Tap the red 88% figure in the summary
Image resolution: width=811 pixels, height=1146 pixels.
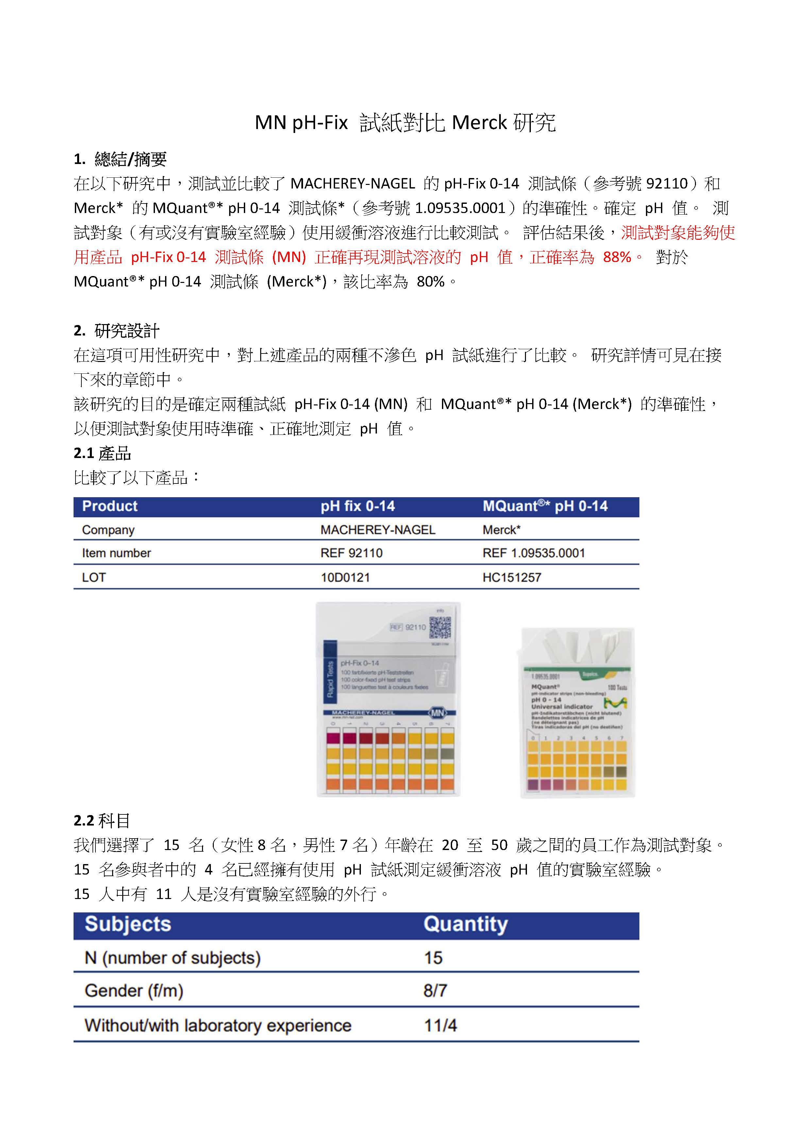pos(617,257)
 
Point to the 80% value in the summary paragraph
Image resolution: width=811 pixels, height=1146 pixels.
pos(431,282)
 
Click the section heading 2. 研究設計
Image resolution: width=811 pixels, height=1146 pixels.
pos(116,330)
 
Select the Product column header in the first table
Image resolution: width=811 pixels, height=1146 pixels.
pos(110,506)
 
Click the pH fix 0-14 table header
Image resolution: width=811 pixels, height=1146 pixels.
pos(358,506)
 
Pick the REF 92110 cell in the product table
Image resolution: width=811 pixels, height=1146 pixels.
pos(352,553)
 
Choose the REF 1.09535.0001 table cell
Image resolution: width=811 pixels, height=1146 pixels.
pos(533,553)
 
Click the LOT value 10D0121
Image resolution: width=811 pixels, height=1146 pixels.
pos(345,578)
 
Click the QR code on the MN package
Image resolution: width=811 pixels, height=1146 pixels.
pos(440,628)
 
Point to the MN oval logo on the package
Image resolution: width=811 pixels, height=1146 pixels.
pos(437,713)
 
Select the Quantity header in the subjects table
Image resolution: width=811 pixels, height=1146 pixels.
pos(465,924)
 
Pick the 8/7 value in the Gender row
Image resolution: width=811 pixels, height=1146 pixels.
pos(435,990)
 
